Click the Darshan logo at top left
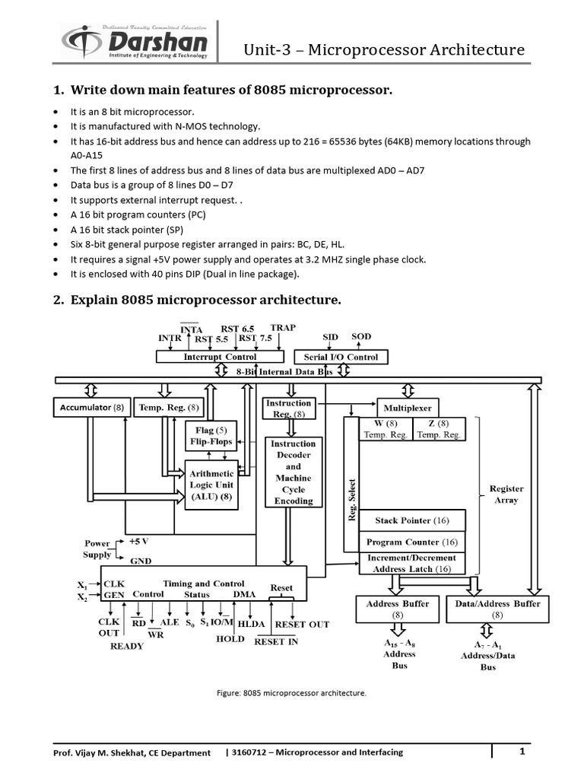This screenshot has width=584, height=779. [137, 42]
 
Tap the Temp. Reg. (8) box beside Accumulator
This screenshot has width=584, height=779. [169, 408]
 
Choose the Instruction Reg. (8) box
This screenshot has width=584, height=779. [287, 408]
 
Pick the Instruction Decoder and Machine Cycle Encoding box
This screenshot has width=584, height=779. [294, 472]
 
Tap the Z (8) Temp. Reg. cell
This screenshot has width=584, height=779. [439, 429]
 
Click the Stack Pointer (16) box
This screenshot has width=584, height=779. [412, 521]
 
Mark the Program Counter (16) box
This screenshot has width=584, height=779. [412, 542]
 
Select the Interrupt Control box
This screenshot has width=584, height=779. [220, 356]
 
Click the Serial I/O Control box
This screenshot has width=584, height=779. [340, 356]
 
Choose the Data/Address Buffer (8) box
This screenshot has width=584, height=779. [497, 609]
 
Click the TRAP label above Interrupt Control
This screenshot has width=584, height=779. [283, 327]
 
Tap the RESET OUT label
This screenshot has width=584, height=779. [301, 624]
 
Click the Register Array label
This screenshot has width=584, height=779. [506, 494]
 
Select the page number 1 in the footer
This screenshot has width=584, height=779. [523, 752]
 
